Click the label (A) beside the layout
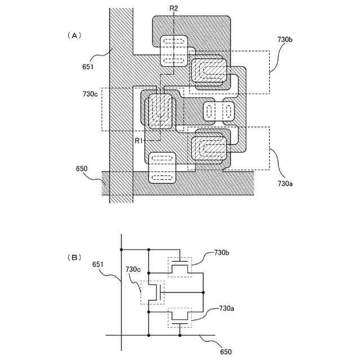[74, 35]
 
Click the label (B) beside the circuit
[74, 257]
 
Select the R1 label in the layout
[141, 140]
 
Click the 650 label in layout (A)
[82, 169]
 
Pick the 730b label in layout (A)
[285, 40]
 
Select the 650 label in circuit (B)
[225, 351]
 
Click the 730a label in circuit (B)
[226, 308]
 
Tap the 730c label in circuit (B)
[133, 270]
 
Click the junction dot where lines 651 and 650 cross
[121, 335]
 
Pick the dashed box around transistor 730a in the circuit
[180, 318]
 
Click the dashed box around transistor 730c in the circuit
[152, 292]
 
